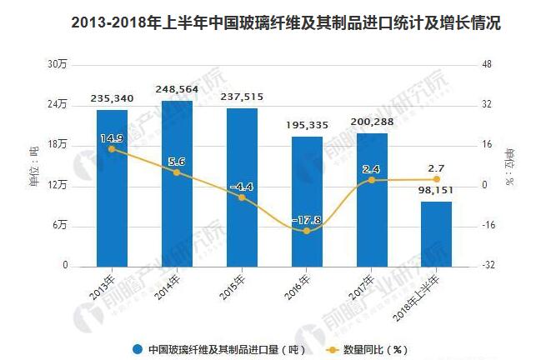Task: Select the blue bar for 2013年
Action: (x=112, y=187)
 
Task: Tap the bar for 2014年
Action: (x=177, y=183)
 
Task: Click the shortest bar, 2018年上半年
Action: (x=436, y=233)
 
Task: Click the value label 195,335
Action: (x=307, y=125)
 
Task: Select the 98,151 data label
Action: (x=436, y=191)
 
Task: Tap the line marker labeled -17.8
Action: (x=307, y=231)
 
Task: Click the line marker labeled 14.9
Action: (x=112, y=149)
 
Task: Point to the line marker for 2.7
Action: (x=436, y=179)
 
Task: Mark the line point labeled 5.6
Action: (x=177, y=172)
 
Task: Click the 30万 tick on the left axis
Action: (x=57, y=65)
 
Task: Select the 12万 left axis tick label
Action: (x=57, y=186)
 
